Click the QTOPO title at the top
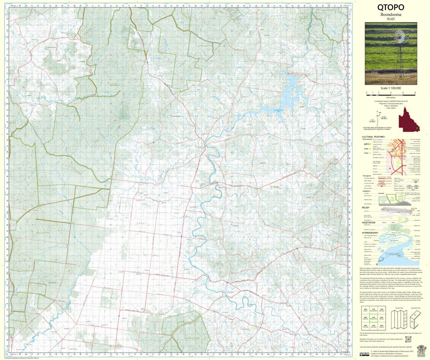point(391,7)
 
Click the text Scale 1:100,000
point(391,88)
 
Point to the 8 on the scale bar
point(415,93)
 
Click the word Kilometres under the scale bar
point(391,97)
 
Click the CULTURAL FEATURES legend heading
point(373,137)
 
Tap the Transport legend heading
point(367,176)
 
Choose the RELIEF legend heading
point(365,207)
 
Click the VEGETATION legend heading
point(368,222)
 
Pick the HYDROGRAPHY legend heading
point(370,232)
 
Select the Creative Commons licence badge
point(365,354)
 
